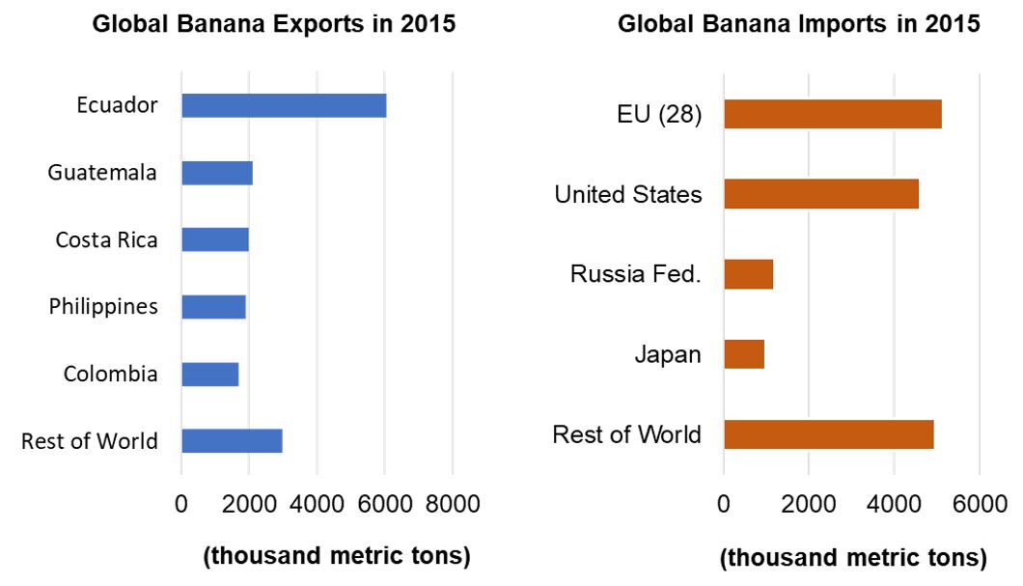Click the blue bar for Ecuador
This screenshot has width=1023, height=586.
[284, 105]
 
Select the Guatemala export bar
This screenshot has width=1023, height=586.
[217, 173]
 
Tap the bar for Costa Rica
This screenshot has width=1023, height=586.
[215, 239]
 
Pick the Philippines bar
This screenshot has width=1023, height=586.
[213, 306]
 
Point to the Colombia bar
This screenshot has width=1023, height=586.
[210, 374]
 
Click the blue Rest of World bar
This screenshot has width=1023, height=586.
[232, 440]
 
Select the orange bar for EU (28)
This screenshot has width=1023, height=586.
[832, 114]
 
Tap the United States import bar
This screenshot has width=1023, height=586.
[821, 194]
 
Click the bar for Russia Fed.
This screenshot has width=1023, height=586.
[748, 274]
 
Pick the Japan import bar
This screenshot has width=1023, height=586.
[744, 354]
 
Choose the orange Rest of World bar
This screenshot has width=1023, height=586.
[828, 434]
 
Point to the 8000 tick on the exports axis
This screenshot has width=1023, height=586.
[453, 504]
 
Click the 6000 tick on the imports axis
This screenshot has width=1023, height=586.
[980, 504]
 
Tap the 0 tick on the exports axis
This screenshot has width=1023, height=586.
[181, 504]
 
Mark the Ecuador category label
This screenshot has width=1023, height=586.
[117, 105]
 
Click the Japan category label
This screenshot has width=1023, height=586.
[668, 354]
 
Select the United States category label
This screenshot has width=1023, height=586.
[627, 194]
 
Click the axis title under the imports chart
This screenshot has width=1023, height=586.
[853, 558]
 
